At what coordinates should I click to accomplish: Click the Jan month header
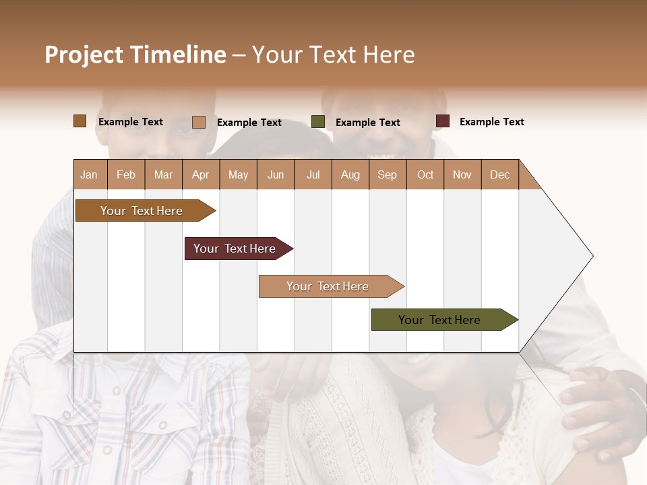90,174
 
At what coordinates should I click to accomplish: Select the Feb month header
126,174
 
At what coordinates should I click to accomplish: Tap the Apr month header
201,174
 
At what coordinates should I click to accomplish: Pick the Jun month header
276,174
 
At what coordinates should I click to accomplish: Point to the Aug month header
350,174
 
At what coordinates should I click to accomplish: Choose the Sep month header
388,174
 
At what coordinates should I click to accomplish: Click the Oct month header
425,174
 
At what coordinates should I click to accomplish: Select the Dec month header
500,174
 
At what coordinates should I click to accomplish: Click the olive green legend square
318,122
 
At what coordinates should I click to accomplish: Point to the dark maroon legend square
442,121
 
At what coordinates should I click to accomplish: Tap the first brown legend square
80,121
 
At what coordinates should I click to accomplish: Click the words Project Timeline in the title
135,55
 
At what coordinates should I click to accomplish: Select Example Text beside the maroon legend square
491,122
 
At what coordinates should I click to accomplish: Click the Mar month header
163,174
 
